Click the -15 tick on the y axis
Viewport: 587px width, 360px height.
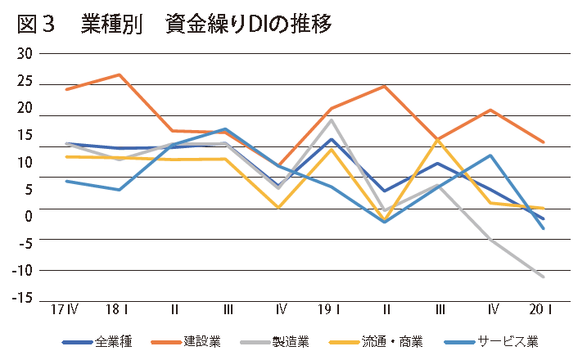[x=22, y=296]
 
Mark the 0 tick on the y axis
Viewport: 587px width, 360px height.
[x=29, y=215]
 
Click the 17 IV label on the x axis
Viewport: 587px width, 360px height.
[x=65, y=311]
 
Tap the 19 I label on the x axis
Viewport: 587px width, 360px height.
[x=330, y=311]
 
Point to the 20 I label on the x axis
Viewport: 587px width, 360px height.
[x=542, y=311]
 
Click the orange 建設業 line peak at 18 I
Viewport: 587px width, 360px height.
[x=120, y=74]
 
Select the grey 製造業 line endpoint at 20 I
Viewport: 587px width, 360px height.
[x=544, y=277]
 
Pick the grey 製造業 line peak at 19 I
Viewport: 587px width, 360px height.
[x=331, y=120]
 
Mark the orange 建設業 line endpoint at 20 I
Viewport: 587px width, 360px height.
[x=544, y=142]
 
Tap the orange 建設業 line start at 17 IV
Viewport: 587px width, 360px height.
[x=66, y=88]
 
